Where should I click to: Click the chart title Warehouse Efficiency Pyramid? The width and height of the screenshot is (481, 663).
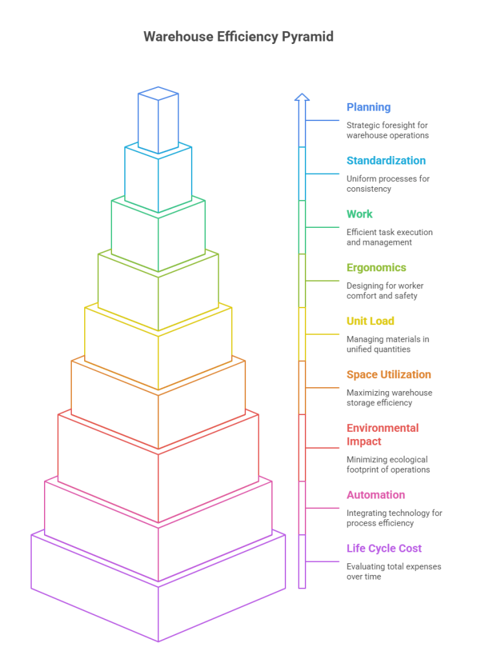238,36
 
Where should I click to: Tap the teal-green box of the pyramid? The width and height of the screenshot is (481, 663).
157,230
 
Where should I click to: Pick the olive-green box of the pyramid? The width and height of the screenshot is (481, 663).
157,285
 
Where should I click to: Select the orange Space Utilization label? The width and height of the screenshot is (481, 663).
387,377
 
